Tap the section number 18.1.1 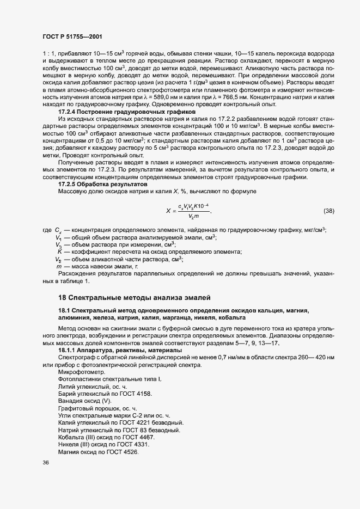(x=69, y=352)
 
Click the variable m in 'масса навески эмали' (x=59, y=267)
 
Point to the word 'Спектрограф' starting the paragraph (x=76, y=359)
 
